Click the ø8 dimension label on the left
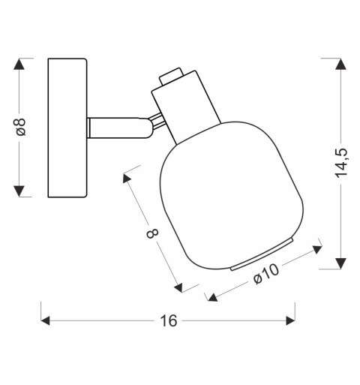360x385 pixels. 21,127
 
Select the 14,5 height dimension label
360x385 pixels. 341,164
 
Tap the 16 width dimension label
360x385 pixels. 169,320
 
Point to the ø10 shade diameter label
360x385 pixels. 265,274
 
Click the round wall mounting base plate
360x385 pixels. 67,128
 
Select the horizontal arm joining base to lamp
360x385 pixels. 119,128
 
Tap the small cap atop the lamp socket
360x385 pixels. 171,77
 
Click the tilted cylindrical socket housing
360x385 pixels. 186,107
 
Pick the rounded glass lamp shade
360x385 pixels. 231,196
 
